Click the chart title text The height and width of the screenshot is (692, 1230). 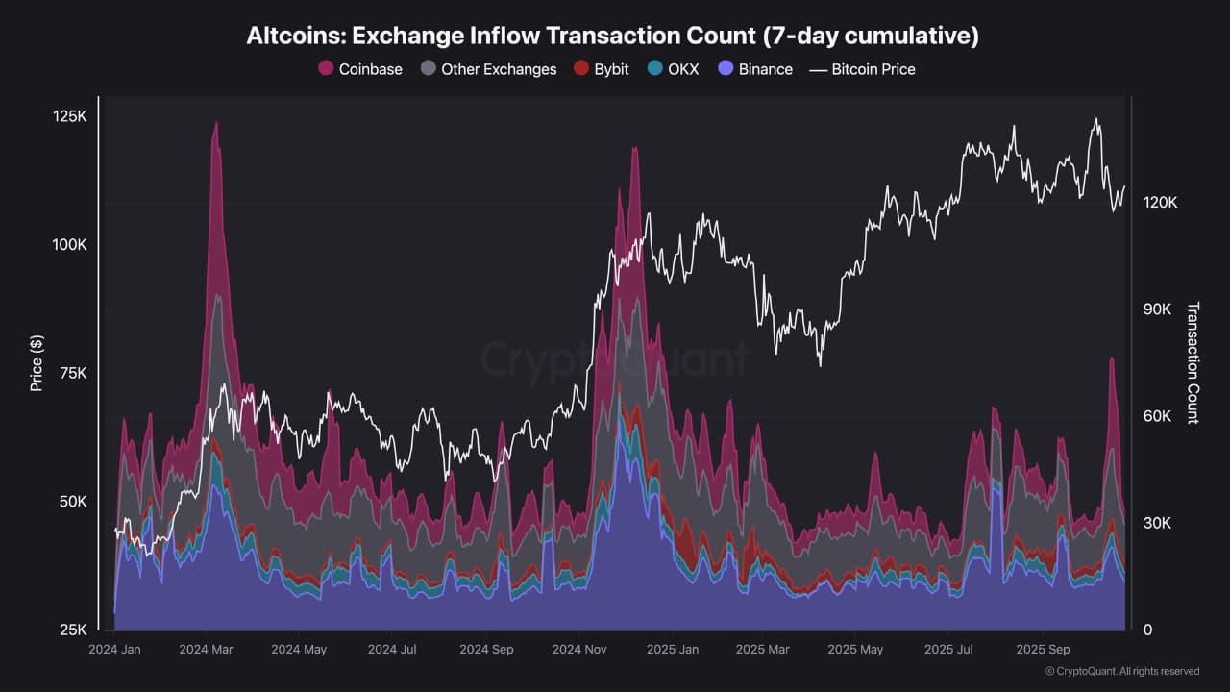(613, 36)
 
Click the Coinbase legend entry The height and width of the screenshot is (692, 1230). (360, 69)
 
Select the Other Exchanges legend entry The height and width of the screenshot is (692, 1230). (488, 69)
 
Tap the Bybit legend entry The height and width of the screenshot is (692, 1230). (601, 69)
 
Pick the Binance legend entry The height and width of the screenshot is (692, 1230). (755, 69)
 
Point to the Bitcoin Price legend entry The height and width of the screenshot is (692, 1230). (862, 69)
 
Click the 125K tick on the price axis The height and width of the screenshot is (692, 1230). (70, 116)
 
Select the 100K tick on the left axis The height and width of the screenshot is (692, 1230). (70, 245)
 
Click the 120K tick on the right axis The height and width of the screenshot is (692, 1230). (1160, 203)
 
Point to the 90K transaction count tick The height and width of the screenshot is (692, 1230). (1158, 309)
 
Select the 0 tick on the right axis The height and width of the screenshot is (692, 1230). (1146, 630)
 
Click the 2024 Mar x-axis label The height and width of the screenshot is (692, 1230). (208, 650)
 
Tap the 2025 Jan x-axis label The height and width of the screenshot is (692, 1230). (673, 650)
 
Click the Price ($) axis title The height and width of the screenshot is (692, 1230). (37, 362)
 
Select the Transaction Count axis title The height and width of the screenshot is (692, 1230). (1193, 362)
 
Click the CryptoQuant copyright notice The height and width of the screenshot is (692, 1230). (1121, 671)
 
